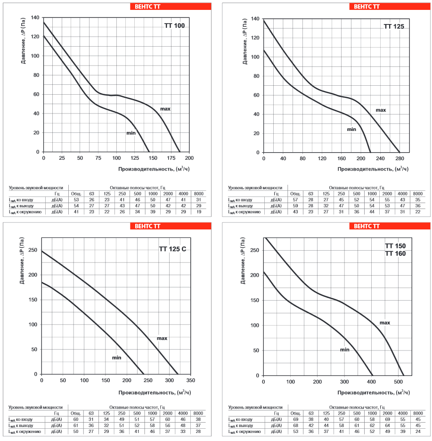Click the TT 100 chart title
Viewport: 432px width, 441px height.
pyautogui.click(x=175, y=25)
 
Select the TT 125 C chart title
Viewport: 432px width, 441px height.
pyautogui.click(x=173, y=248)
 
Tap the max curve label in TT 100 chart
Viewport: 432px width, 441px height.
pyautogui.click(x=165, y=109)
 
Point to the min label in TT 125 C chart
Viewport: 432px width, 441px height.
pyautogui.click(x=116, y=358)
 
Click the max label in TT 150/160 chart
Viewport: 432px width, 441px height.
pyautogui.click(x=385, y=323)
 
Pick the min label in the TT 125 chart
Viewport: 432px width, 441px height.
pyautogui.click(x=351, y=129)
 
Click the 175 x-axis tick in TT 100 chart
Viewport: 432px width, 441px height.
pyautogui.click(x=171, y=158)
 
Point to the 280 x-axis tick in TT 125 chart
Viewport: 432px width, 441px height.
pyautogui.click(x=399, y=158)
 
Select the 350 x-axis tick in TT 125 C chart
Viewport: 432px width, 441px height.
pyautogui.click(x=190, y=380)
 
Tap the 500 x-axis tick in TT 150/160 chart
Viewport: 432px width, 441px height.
pyautogui.click(x=399, y=382)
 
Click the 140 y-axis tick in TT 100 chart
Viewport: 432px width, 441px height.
pyautogui.click(x=35, y=17)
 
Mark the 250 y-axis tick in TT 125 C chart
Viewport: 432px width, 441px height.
pyautogui.click(x=33, y=250)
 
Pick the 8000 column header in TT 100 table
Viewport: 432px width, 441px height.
pyautogui.click(x=199, y=194)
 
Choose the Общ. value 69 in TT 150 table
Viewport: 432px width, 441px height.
pyautogui.click(x=295, y=419)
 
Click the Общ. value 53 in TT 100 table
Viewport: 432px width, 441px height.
pyautogui.click(x=76, y=200)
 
